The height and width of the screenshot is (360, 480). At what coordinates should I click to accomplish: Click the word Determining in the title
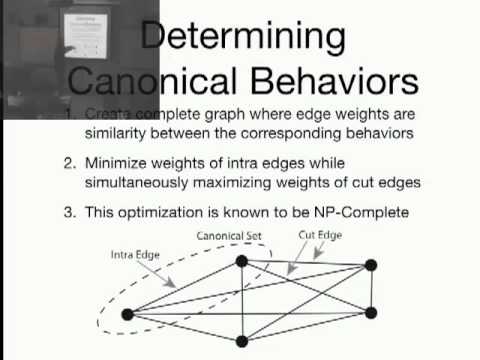tap(243, 37)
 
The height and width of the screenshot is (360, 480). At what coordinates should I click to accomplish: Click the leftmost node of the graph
tap(127, 314)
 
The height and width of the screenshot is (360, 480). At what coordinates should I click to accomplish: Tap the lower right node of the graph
tap(371, 313)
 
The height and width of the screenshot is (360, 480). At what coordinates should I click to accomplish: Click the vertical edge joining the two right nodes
tap(371, 289)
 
